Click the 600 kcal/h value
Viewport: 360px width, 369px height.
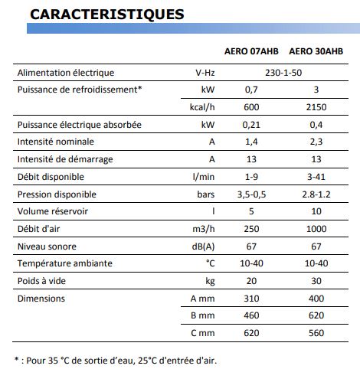click(251, 106)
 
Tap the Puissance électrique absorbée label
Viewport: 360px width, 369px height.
click(79, 125)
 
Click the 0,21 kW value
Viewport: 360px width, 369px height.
click(251, 125)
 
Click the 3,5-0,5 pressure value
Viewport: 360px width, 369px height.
click(251, 194)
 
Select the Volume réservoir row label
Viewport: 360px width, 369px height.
click(55, 212)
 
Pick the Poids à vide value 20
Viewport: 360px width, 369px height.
click(251, 282)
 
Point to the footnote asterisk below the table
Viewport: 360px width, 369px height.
click(18, 358)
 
